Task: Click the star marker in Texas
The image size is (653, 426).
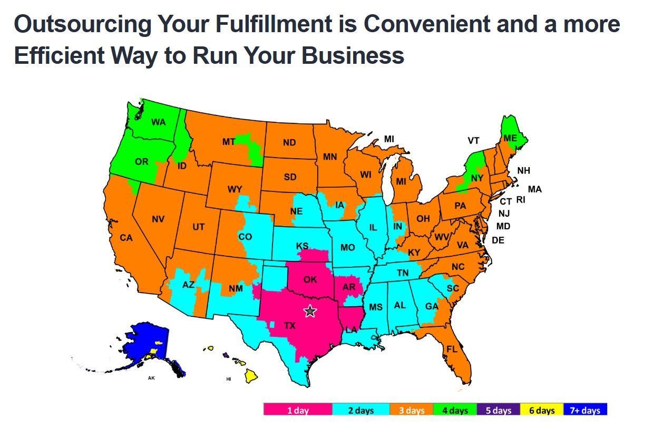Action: click(x=309, y=311)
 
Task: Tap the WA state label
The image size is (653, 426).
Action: click(x=158, y=122)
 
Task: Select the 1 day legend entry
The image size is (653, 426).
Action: click(x=298, y=410)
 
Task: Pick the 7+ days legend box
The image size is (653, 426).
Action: click(x=585, y=410)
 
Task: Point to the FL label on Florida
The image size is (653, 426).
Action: click(x=452, y=349)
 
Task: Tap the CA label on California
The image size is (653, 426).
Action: click(x=126, y=238)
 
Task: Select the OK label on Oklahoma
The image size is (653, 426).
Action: click(x=310, y=279)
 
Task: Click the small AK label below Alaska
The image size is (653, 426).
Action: click(x=152, y=378)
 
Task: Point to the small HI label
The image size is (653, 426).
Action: click(x=229, y=379)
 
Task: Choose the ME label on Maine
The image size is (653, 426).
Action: click(x=510, y=138)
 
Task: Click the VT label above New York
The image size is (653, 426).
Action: click(x=473, y=140)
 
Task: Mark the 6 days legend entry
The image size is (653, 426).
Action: click(x=542, y=410)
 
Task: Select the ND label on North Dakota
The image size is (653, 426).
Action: click(x=289, y=142)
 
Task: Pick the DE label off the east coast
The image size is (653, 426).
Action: click(x=498, y=240)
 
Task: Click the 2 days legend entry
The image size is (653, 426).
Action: click(x=361, y=410)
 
